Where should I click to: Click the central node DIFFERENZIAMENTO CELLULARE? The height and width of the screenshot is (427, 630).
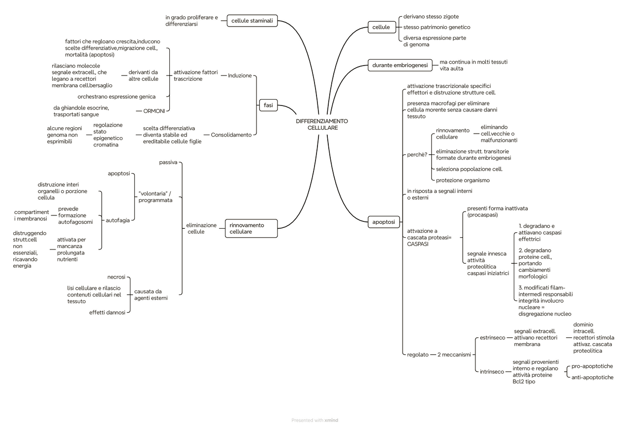[x=321, y=124]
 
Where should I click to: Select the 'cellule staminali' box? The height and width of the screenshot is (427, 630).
[x=252, y=21]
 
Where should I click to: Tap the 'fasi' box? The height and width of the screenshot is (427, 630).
[x=268, y=105]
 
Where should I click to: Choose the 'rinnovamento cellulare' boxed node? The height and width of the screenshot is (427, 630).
[x=251, y=228]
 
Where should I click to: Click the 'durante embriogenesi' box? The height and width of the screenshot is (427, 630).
[x=399, y=65]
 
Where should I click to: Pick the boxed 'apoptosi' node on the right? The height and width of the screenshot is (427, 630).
[x=384, y=222]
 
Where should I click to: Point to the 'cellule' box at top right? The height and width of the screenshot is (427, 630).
[x=381, y=27]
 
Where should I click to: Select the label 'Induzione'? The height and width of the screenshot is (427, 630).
[x=240, y=75]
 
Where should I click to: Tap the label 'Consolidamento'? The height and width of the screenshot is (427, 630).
[x=231, y=135]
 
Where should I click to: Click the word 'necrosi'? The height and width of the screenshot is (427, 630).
[x=116, y=277]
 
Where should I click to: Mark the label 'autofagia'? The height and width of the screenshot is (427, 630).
[x=118, y=220]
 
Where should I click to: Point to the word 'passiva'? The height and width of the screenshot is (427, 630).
[x=168, y=162]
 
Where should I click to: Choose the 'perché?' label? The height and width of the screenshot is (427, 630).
[x=417, y=154]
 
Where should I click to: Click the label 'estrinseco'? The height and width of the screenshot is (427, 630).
[x=492, y=338]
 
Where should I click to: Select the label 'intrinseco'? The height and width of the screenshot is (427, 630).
[x=492, y=372]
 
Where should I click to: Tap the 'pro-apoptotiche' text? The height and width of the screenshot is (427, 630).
[x=592, y=366]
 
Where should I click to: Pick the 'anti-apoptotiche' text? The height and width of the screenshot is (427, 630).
[x=592, y=378]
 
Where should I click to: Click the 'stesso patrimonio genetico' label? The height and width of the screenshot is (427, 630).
[x=437, y=27]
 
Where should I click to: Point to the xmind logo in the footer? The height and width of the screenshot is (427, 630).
[x=331, y=420]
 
